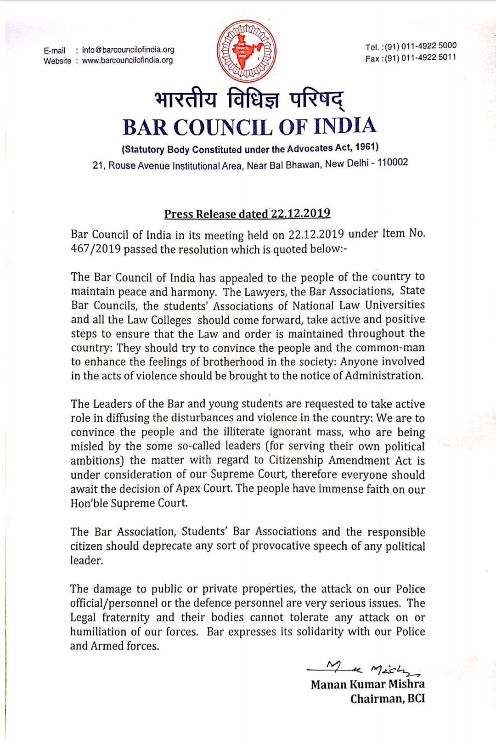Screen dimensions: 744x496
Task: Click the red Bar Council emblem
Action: coord(247,51)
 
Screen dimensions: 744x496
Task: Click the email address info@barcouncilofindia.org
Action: coord(128,50)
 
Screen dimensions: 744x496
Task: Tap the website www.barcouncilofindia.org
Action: coord(128,60)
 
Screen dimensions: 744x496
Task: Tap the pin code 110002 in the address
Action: coord(392,163)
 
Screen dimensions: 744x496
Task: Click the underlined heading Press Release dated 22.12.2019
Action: coord(247,214)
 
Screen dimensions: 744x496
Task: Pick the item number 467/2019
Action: coord(96,249)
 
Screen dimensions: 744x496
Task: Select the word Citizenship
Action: coord(296,460)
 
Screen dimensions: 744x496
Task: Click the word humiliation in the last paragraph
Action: coord(98,632)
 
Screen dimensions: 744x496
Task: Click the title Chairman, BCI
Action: coord(387,699)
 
